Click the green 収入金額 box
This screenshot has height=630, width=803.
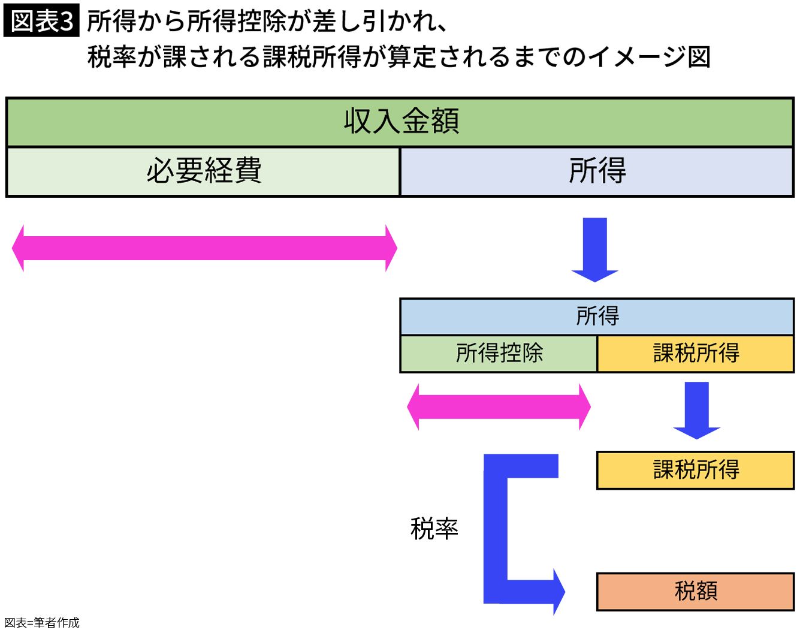pyautogui.click(x=400, y=122)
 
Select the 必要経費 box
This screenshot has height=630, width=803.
pyautogui.click(x=203, y=171)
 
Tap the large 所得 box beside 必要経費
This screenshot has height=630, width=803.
pyautogui.click(x=596, y=171)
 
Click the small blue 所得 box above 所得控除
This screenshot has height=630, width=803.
pyautogui.click(x=596, y=316)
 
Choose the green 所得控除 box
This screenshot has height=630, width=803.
pyautogui.click(x=499, y=353)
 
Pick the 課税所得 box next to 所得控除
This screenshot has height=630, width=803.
pyautogui.click(x=695, y=353)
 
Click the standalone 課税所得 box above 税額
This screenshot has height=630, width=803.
pyautogui.click(x=695, y=470)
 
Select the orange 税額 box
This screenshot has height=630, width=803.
pyautogui.click(x=695, y=591)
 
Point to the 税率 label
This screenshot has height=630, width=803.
pyautogui.click(x=434, y=529)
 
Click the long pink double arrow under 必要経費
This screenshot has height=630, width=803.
pyautogui.click(x=204, y=248)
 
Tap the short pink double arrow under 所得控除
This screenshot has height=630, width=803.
pyautogui.click(x=499, y=407)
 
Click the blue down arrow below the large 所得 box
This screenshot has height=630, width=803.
pyautogui.click(x=594, y=249)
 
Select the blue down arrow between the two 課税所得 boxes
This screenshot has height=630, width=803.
pyautogui.click(x=696, y=410)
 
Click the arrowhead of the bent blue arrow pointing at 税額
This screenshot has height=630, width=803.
pyautogui.click(x=557, y=592)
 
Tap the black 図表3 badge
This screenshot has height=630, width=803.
pyautogui.click(x=41, y=22)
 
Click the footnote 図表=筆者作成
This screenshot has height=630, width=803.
pyautogui.click(x=42, y=623)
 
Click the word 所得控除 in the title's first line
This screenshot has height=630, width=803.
pyautogui.click(x=237, y=22)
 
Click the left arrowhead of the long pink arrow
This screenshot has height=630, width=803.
pyautogui.click(x=19, y=248)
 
